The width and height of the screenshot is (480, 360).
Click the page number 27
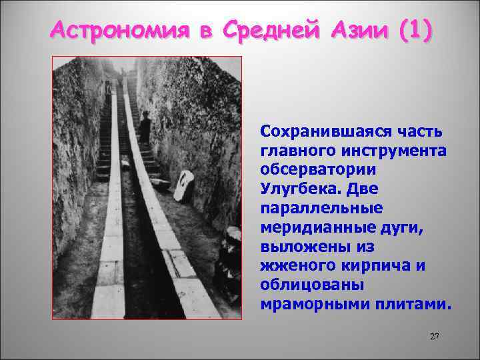point(435,337)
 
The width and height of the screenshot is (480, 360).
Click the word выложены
point(299,247)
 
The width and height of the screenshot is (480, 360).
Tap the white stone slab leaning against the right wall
point(184,185)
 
